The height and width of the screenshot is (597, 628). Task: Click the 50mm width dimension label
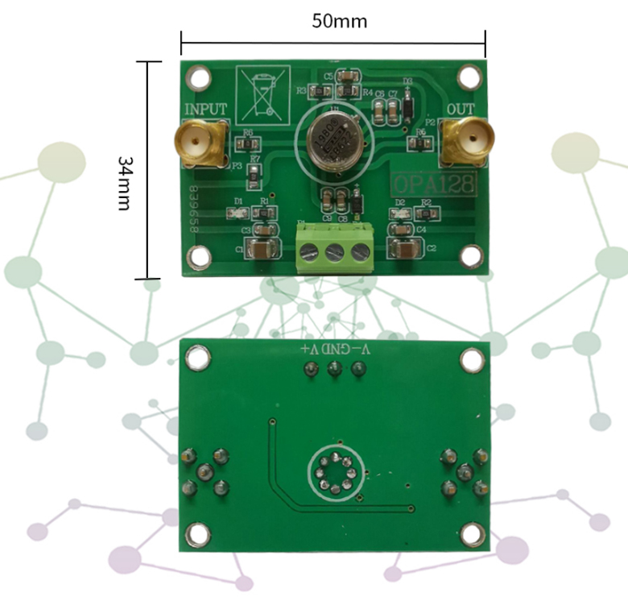click(x=339, y=21)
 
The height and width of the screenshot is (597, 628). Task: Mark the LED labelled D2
click(x=399, y=214)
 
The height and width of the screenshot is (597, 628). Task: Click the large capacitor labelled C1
click(x=264, y=249)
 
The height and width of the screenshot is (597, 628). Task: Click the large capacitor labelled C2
click(x=404, y=248)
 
